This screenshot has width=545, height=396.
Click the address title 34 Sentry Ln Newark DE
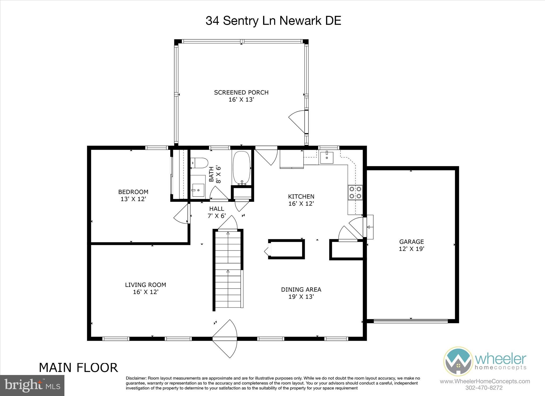click(273, 21)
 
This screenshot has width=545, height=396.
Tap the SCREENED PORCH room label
click(241, 93)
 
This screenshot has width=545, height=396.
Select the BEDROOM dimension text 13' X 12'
click(133, 199)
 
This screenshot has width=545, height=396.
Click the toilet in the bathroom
click(199, 163)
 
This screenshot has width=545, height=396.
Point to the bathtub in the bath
click(241, 168)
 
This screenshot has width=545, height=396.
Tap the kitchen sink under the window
click(327, 157)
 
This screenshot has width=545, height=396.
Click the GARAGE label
click(411, 242)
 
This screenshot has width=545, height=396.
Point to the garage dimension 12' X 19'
click(411, 249)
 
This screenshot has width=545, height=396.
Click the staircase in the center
click(228, 269)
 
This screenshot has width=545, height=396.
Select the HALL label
click(217, 209)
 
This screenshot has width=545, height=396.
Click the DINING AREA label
click(301, 289)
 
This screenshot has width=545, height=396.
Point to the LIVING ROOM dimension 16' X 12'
click(146, 292)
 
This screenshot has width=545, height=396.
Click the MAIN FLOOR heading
click(78, 368)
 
